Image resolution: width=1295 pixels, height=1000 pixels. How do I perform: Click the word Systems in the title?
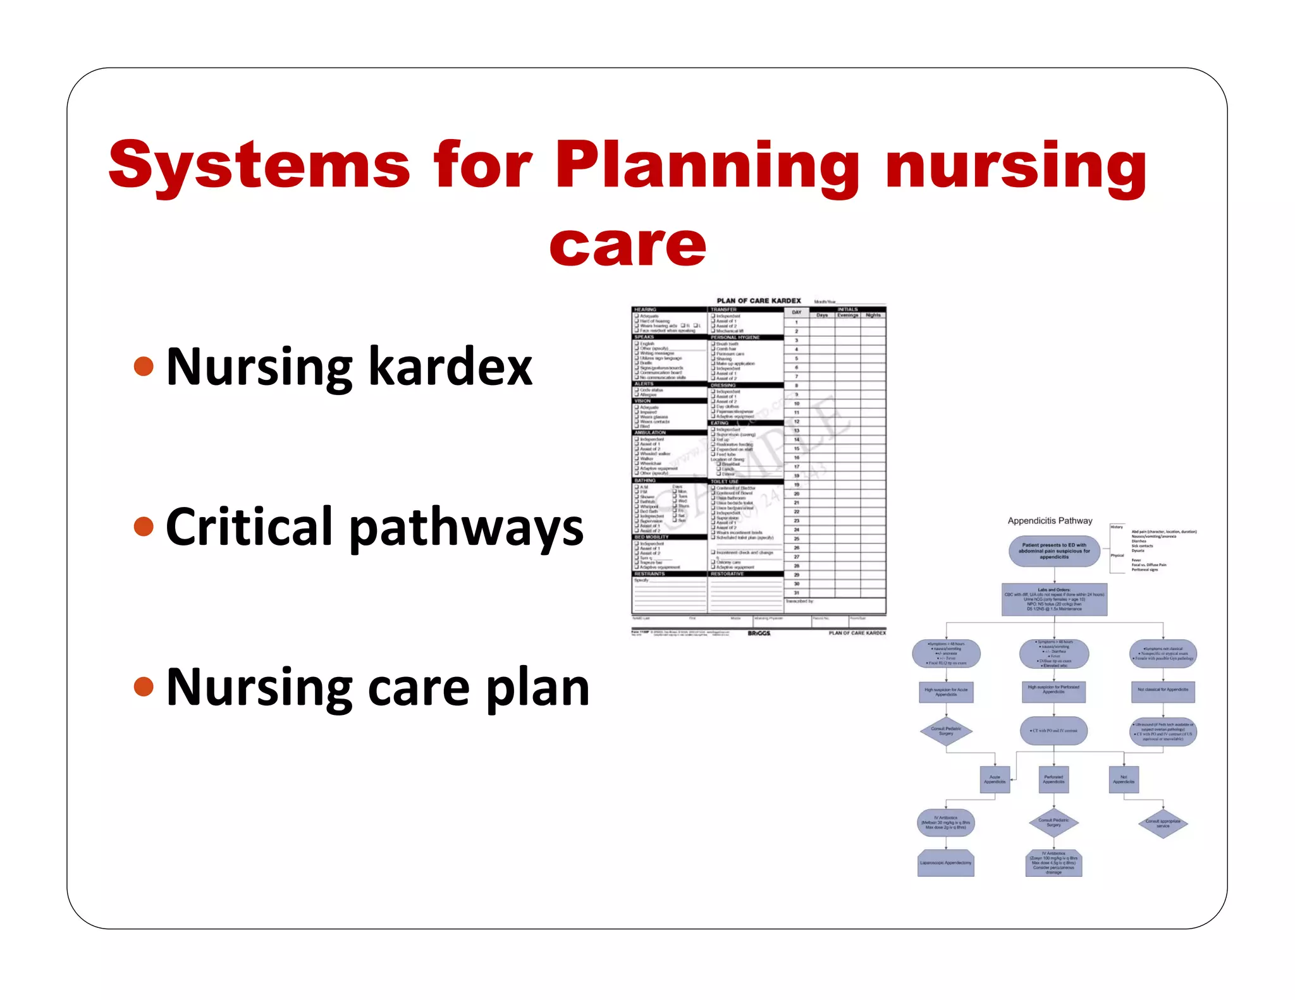point(259,166)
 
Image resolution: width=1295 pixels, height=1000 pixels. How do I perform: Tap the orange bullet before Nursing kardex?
point(144,366)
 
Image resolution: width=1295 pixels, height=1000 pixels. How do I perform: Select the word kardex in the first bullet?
point(450,367)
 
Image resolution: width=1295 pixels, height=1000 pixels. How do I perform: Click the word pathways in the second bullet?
point(466,528)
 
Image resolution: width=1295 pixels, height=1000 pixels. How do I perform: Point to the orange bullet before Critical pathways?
point(144,527)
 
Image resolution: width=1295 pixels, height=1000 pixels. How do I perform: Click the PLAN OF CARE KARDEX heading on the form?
point(758,301)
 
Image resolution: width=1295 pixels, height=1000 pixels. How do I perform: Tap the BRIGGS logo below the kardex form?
point(759,633)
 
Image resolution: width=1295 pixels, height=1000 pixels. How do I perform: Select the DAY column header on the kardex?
point(796,312)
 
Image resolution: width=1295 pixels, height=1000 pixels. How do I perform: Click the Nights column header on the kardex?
point(873,315)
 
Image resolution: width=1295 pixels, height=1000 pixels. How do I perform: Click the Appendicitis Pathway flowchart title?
point(1050,521)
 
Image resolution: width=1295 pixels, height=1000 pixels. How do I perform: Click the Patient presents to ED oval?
point(1054,551)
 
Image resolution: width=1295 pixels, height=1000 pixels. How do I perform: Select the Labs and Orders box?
point(1054,599)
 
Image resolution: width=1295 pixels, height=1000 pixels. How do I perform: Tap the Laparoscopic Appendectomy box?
point(945,863)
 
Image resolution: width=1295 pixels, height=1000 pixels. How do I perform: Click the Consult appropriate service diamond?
point(1162,824)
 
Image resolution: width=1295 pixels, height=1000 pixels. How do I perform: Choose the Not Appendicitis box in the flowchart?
point(1124,779)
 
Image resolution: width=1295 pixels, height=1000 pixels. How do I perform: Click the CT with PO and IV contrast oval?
point(1053,731)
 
